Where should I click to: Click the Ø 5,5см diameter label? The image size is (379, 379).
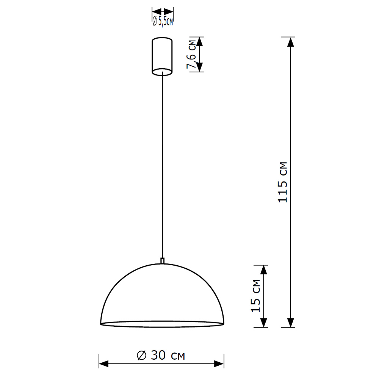point(163,22)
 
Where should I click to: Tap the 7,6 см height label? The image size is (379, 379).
point(191,55)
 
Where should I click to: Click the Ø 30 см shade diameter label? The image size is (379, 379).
point(161,356)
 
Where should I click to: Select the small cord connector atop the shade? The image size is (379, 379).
point(162,260)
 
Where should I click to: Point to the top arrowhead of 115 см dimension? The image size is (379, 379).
point(291,42)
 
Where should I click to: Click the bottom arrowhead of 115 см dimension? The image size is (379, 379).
point(291,323)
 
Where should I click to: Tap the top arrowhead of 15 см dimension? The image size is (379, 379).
point(264,269)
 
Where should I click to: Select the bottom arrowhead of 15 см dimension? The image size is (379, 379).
point(264,323)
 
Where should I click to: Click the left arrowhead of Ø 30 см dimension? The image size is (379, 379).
point(103,364)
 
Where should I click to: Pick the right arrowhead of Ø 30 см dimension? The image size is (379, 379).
point(219,364)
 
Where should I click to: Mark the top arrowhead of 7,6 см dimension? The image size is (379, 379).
point(200,41)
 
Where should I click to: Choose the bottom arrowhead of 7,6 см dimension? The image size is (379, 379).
point(200,67)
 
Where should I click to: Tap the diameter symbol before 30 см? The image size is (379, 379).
point(141,356)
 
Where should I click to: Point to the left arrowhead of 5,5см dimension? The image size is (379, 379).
point(155,11)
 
